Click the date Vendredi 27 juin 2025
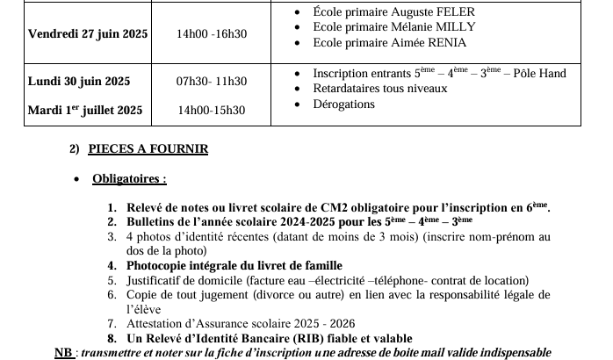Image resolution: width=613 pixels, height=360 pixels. pos(88,34)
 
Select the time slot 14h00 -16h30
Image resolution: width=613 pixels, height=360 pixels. pos(212,34)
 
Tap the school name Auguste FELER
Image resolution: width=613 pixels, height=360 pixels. pos(437,11)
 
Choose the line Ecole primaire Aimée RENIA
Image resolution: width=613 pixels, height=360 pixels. pos(390,42)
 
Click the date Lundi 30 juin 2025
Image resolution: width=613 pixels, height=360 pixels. pos(79,82)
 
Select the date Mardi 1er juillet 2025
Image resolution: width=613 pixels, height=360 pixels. pos(85,111)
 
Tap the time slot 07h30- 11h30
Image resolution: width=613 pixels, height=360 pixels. pos(212,82)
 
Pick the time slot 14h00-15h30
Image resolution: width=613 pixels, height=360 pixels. pos(211,111)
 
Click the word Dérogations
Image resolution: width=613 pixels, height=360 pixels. pos(343,104)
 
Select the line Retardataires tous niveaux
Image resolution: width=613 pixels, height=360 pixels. pos(380,89)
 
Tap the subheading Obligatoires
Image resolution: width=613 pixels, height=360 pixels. pos(129,179)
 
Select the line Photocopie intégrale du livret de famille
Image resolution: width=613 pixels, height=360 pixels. pos(234,265)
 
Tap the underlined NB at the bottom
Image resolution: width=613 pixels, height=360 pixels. pos(64,352)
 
